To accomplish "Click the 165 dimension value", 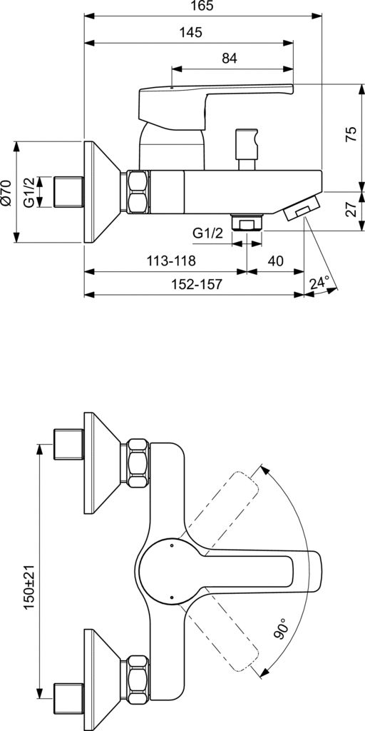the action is pyautogui.click(x=202, y=6).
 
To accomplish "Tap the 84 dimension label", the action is pyautogui.click(x=230, y=59).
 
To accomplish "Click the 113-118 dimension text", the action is pyautogui.click(x=171, y=261).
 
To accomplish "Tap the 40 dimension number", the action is pyautogui.click(x=276, y=261).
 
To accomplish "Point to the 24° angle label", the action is pyautogui.click(x=319, y=283).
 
